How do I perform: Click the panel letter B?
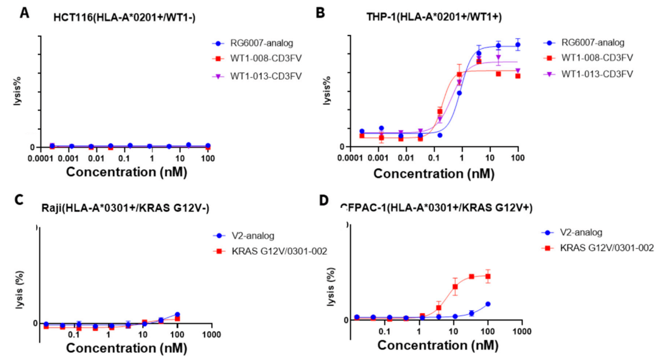(x=320, y=13)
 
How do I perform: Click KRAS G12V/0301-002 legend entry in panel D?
(x=600, y=248)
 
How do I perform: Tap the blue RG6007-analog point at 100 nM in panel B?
(x=518, y=45)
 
